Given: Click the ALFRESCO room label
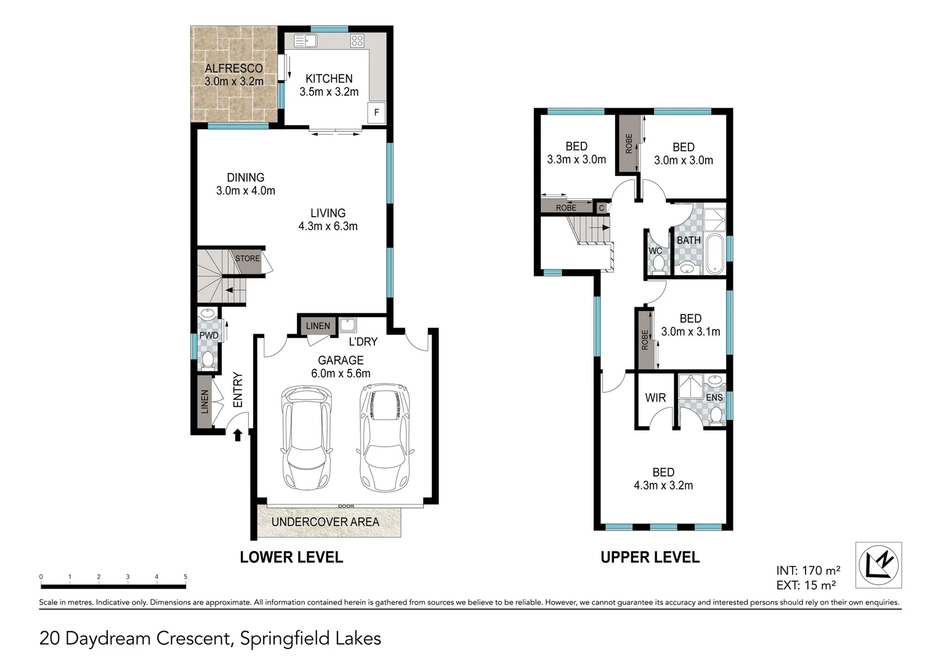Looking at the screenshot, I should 233,68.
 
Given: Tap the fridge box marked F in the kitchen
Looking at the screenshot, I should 376,113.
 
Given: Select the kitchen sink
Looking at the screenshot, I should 305,41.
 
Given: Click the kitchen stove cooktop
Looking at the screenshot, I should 357,41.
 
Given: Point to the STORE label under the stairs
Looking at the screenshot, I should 248,259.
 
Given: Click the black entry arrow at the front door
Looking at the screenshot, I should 238,435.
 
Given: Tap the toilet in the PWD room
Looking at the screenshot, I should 208,360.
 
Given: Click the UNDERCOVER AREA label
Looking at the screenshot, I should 325,522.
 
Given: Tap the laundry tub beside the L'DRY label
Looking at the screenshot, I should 347,325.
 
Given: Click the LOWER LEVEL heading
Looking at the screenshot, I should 291,557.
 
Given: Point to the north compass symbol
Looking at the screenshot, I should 879,565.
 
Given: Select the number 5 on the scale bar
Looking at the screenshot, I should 185,577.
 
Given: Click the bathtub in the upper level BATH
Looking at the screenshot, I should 715,253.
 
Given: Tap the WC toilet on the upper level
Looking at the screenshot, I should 658,264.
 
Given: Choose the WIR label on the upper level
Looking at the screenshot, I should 655,398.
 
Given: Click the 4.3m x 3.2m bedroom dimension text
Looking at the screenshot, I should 663,486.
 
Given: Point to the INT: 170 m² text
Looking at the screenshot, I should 808,571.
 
